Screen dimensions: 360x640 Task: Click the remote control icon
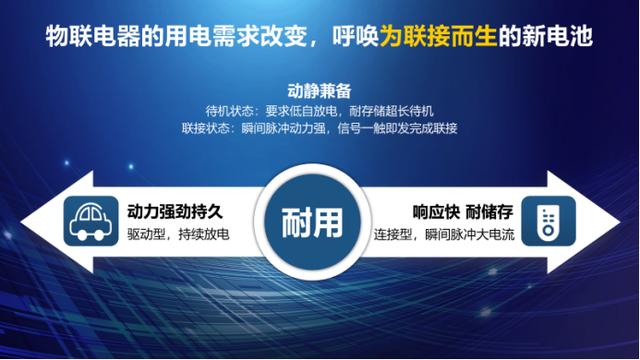coord(543,221)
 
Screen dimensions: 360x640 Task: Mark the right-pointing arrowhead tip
coord(629,222)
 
